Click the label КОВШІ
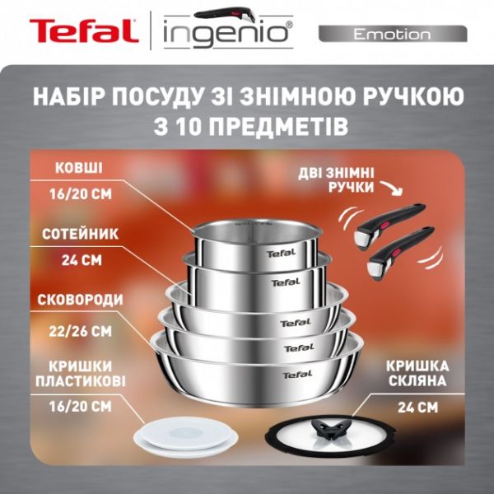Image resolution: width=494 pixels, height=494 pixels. click(x=79, y=167)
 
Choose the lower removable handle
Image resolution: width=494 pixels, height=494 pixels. click(x=398, y=249)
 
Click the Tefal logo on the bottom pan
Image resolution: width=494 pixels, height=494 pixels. click(x=297, y=375)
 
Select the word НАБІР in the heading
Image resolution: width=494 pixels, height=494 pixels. click(x=72, y=96)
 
